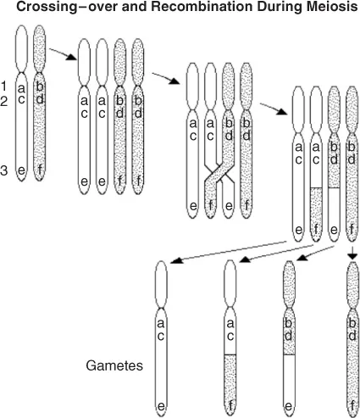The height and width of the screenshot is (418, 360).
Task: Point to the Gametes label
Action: pyautogui.click(x=114, y=368)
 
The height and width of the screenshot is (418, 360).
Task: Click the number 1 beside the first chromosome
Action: pyautogui.click(x=4, y=86)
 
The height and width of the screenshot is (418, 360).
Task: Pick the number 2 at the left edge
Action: pyautogui.click(x=4, y=100)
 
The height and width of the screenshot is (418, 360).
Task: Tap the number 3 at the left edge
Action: pyautogui.click(x=4, y=171)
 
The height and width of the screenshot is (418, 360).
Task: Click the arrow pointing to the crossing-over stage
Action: pyautogui.click(x=166, y=80)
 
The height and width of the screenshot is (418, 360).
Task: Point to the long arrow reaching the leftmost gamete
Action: pyautogui.click(x=229, y=250)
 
